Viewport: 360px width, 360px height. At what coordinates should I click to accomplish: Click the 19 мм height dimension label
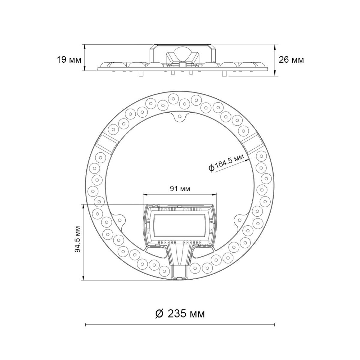tap(69, 60)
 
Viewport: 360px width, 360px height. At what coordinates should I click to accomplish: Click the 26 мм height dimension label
tap(291, 60)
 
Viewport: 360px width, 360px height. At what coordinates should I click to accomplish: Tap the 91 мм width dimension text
tap(180, 188)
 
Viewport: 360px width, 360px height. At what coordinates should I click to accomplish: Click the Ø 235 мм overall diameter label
tap(180, 314)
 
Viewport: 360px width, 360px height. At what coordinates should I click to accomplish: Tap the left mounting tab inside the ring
tap(119, 220)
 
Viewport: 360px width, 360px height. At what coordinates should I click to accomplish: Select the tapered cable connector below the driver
tap(180, 255)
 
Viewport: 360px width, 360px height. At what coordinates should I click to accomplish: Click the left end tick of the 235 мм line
tap(86, 325)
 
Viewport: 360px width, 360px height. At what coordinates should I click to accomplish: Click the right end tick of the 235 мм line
tap(274, 325)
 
